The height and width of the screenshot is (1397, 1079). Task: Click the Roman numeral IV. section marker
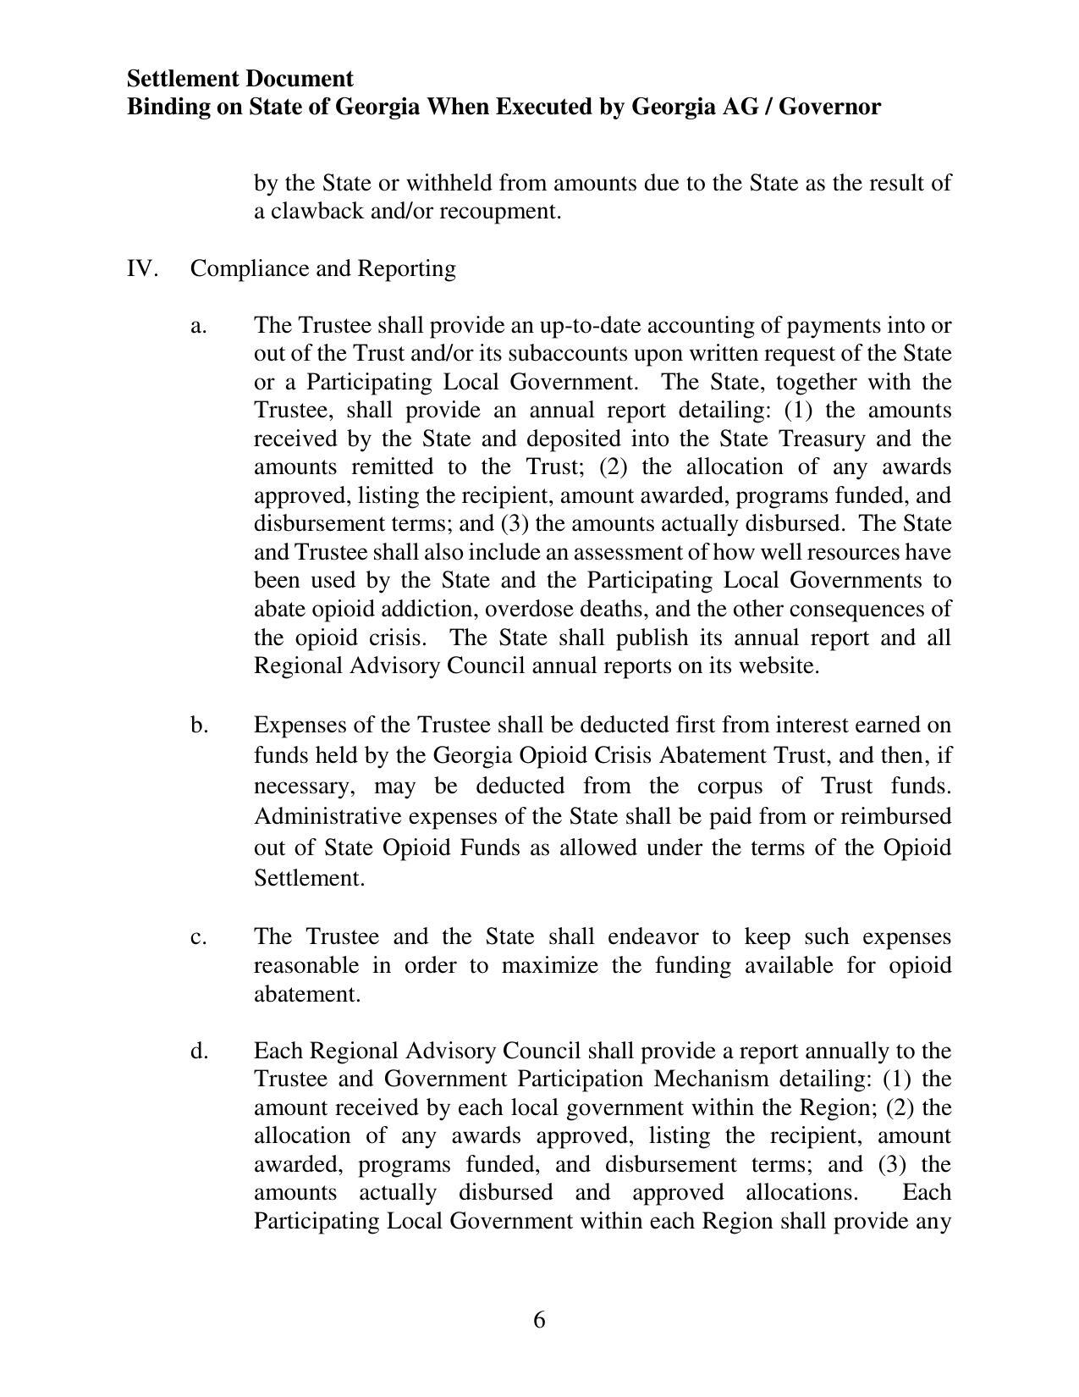click(x=142, y=268)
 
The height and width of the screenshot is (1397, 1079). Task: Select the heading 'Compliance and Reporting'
click(x=322, y=268)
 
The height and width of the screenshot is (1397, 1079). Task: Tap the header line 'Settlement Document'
click(x=239, y=79)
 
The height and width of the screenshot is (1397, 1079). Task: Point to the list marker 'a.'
click(x=199, y=325)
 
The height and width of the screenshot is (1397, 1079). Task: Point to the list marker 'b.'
click(x=199, y=725)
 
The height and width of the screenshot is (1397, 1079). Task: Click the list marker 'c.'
click(x=199, y=937)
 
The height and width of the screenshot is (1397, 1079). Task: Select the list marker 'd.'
click(x=199, y=1051)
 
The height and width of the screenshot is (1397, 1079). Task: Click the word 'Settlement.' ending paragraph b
click(x=309, y=878)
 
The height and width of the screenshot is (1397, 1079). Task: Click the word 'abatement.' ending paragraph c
click(x=307, y=994)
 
